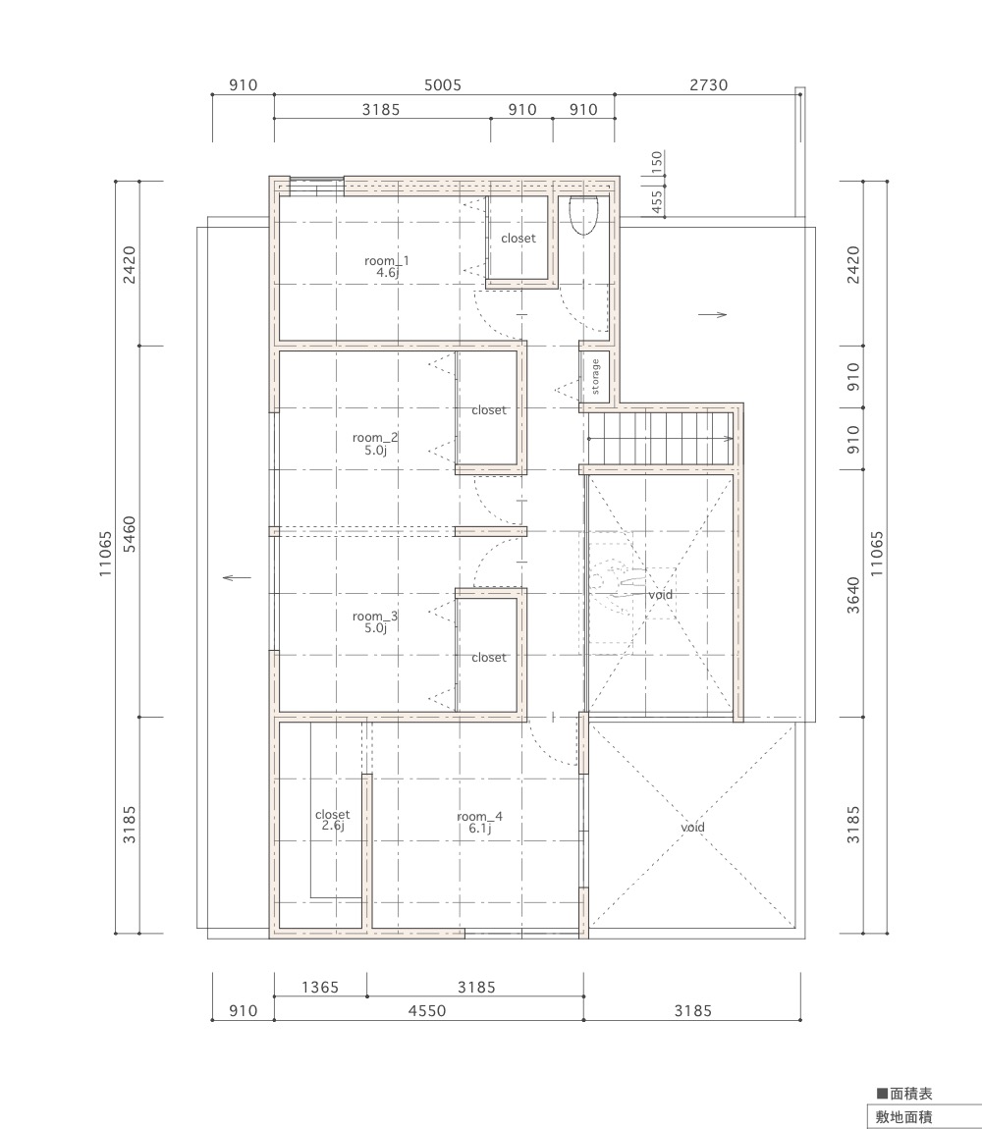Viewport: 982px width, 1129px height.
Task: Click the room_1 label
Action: (x=387, y=266)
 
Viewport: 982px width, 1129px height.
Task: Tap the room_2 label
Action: (x=375, y=444)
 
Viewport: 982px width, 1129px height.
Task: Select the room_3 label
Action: (x=375, y=622)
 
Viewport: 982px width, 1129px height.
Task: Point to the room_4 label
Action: (x=480, y=823)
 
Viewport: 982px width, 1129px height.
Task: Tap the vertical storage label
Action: (x=595, y=377)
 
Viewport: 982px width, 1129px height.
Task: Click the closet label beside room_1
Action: (x=518, y=239)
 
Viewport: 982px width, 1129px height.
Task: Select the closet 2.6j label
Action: (x=332, y=820)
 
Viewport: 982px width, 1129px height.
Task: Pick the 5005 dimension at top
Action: (x=442, y=85)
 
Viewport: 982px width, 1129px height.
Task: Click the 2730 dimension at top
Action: (x=709, y=85)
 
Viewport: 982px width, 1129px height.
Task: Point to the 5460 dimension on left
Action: (x=129, y=533)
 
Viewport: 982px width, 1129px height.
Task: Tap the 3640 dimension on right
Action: (x=853, y=595)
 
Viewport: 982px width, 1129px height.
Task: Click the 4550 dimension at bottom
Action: (x=427, y=1011)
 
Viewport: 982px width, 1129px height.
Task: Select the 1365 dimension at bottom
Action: (x=320, y=988)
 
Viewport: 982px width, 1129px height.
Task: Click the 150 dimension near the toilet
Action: (x=656, y=162)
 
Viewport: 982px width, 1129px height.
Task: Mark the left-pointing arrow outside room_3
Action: (x=237, y=577)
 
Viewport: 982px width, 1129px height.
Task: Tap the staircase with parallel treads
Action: (x=659, y=439)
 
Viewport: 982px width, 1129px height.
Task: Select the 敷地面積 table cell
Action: (x=903, y=1117)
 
